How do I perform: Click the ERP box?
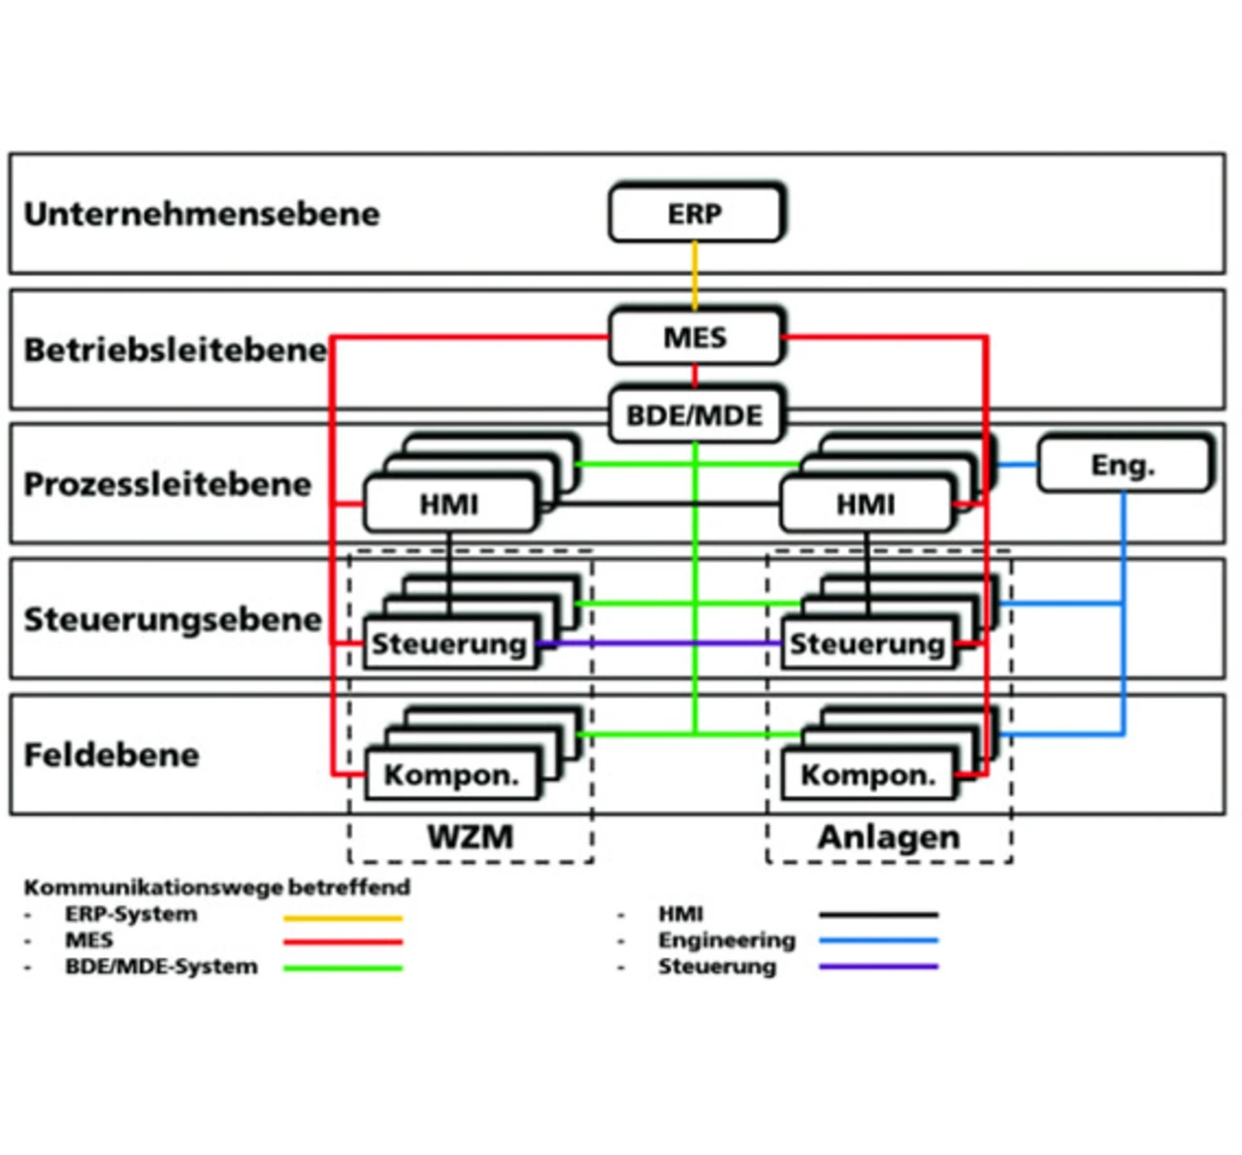click(695, 214)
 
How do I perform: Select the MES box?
click(695, 337)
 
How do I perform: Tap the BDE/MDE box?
click(695, 415)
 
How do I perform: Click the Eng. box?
click(1124, 465)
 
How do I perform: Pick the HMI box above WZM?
click(449, 505)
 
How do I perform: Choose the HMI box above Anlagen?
click(866, 505)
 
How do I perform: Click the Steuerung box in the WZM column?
click(449, 643)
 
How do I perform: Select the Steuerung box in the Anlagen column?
click(866, 643)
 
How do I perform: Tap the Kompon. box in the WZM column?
click(451, 775)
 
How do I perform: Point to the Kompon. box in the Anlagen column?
click(867, 775)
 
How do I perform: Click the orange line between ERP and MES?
click(695, 276)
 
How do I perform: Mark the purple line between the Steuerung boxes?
click(660, 643)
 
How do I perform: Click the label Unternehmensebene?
click(202, 214)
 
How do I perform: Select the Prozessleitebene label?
click(168, 483)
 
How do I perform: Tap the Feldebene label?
click(112, 754)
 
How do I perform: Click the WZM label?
click(471, 837)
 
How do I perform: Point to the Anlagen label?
click(889, 837)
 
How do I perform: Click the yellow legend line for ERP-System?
click(343, 917)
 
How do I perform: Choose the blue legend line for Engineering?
click(878, 940)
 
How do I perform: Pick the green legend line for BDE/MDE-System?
click(343, 968)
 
